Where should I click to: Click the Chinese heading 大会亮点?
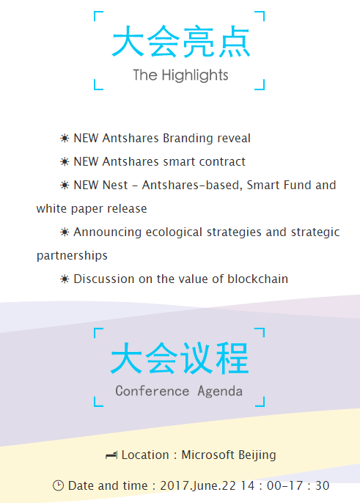(180, 41)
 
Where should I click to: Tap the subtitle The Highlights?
(180, 76)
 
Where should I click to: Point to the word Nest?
(115, 185)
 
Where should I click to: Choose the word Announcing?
(108, 232)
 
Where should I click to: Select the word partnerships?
(72, 256)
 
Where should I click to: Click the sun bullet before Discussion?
(65, 279)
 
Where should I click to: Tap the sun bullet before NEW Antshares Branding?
(65, 139)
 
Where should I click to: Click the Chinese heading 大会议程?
(180, 358)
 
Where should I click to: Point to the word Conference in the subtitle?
(152, 391)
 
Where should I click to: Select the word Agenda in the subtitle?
(220, 392)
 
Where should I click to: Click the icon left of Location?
(111, 455)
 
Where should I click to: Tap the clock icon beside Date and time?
(58, 485)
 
